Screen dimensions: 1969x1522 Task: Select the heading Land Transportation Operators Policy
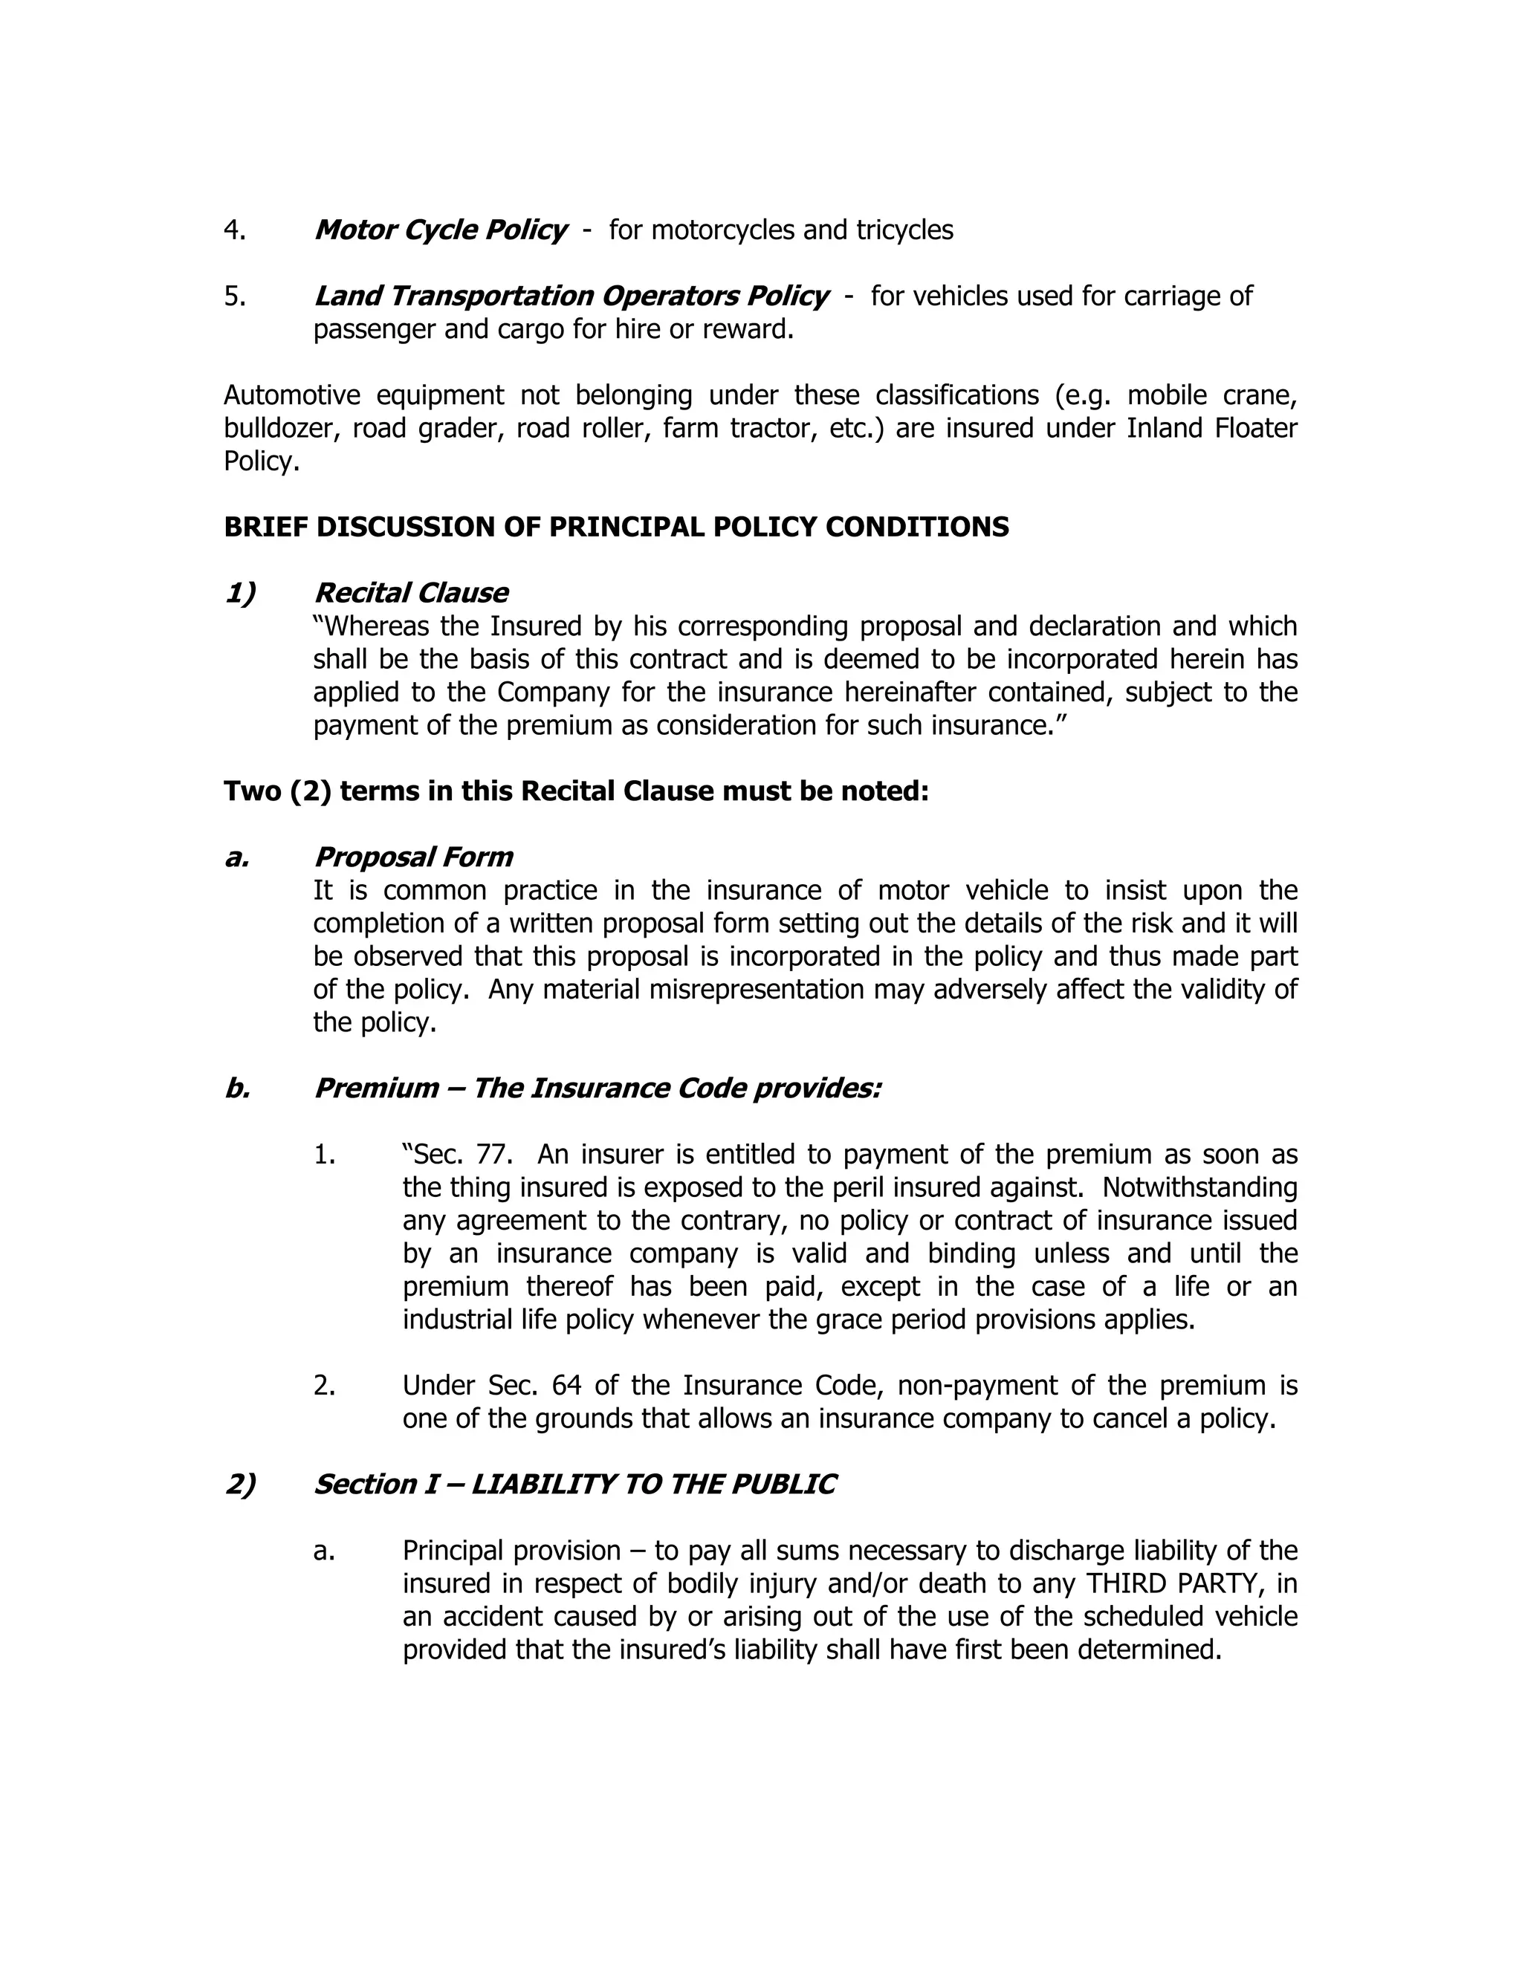(x=571, y=296)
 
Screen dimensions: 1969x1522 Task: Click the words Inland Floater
(x=1211, y=428)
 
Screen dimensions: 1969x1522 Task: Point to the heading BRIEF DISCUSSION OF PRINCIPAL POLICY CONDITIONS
(x=616, y=527)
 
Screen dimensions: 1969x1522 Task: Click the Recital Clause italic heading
(x=410, y=593)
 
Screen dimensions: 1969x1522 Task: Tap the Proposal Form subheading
(x=413, y=857)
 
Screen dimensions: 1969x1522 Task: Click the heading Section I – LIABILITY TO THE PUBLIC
(x=574, y=1485)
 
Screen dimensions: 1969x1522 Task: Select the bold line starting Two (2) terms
(x=575, y=791)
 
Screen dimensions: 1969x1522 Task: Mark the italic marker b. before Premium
(x=237, y=1089)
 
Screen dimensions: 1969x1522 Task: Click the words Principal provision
(x=511, y=1551)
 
